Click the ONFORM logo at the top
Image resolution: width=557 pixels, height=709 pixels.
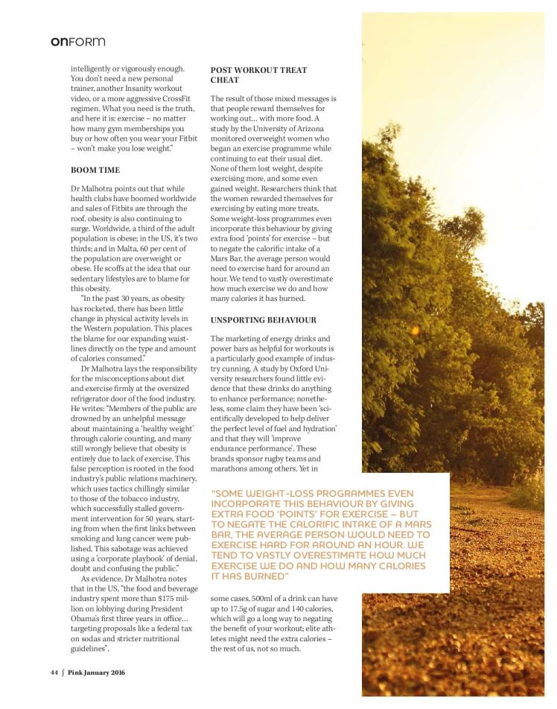point(73,42)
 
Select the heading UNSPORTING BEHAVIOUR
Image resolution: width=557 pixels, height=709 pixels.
point(264,319)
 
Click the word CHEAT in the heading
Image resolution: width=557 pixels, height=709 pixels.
point(225,80)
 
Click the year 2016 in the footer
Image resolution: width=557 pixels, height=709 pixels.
point(114,673)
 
